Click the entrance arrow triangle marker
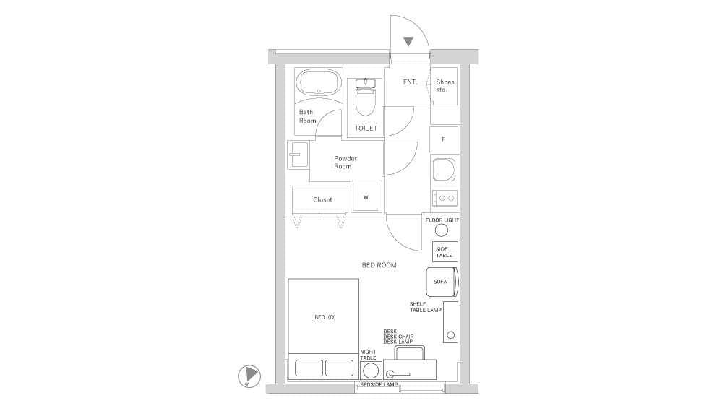click(408, 41)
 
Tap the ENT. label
click(410, 82)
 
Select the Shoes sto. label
click(445, 86)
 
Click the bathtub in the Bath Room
click(319, 83)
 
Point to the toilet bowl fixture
click(366, 97)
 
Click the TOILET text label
click(366, 129)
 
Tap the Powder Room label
click(345, 162)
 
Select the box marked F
click(444, 139)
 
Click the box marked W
click(366, 197)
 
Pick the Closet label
click(322, 199)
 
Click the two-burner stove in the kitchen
click(445, 198)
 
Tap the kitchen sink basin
click(444, 170)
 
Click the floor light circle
click(442, 230)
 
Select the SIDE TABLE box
click(445, 252)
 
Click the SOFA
click(442, 282)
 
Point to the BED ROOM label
click(379, 265)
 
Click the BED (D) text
click(325, 317)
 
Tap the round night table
click(370, 370)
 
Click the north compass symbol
click(249, 376)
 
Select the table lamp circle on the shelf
click(450, 335)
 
